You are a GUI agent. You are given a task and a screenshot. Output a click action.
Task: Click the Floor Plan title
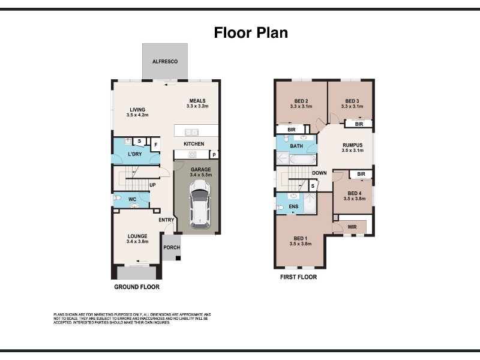251,33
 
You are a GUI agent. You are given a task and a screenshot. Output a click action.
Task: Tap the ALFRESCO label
165,62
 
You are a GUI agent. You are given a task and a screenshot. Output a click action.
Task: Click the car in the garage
200,204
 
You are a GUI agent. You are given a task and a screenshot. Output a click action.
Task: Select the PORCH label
172,247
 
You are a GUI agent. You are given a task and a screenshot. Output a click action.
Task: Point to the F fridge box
156,145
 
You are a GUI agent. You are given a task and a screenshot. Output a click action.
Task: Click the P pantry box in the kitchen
214,155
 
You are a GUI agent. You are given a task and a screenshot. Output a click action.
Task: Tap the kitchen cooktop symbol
192,155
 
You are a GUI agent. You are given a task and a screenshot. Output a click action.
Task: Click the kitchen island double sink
191,133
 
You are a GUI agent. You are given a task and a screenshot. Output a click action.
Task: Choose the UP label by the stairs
152,185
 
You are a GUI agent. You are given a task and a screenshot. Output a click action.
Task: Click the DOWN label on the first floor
319,173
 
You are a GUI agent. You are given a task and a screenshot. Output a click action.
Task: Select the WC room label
132,199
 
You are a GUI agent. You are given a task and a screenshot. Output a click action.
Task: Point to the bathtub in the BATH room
303,160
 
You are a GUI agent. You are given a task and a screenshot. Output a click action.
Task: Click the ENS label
293,206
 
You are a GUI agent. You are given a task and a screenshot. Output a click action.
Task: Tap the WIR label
352,227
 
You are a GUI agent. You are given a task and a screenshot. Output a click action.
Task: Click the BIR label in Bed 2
292,130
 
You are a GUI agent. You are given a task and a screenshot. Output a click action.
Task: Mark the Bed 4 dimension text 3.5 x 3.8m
355,199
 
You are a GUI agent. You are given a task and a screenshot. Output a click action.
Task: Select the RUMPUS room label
353,145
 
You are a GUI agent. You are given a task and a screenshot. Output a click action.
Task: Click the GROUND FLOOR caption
137,287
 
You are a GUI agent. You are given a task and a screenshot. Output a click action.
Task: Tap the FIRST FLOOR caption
298,277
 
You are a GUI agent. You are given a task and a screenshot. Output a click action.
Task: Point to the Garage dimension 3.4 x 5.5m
201,175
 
